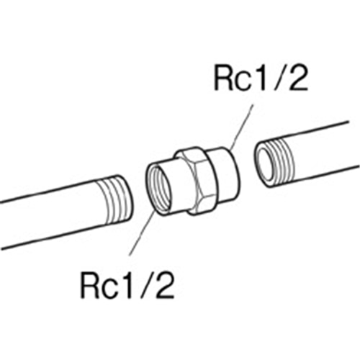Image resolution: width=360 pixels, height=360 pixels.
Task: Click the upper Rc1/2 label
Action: click(x=261, y=77)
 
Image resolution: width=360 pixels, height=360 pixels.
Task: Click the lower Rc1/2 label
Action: click(x=127, y=286)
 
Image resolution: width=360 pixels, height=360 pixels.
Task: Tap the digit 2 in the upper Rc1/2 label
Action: click(x=298, y=77)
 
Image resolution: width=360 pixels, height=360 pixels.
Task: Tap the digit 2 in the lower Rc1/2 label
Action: click(x=165, y=285)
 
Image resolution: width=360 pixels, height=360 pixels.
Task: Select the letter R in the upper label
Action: click(x=223, y=78)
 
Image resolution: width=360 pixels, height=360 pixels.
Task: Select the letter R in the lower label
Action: click(x=89, y=286)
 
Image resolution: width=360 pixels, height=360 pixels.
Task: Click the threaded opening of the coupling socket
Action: click(x=158, y=188)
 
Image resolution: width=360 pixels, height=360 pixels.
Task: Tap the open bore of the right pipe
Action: click(x=266, y=166)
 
